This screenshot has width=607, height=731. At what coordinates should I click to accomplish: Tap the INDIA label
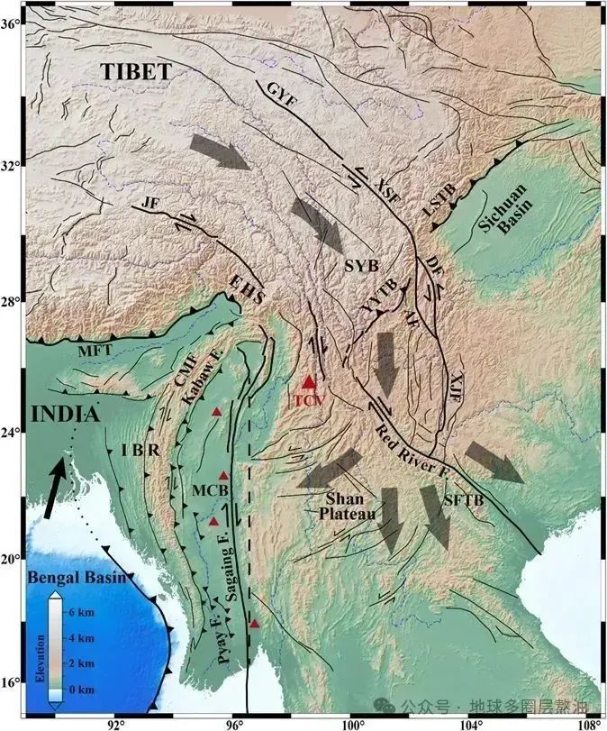coord(64,415)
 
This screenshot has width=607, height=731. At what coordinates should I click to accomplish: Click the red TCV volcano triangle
coord(310,383)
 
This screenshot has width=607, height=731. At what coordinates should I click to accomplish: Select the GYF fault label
coord(280,95)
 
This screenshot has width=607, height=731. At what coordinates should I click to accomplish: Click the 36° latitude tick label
coord(12,24)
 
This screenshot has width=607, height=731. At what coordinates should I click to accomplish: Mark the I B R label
coord(144,449)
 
